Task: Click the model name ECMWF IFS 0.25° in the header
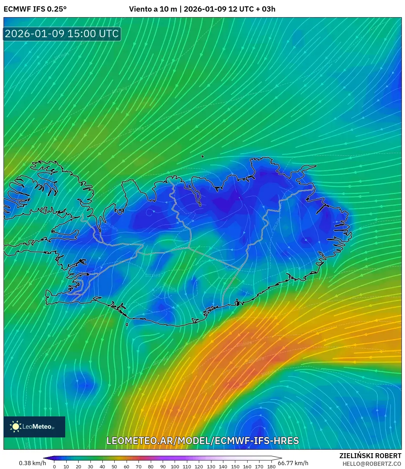coord(35,9)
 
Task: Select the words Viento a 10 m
coord(153,9)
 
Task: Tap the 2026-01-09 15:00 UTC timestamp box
coord(62,34)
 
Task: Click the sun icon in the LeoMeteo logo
coord(15,427)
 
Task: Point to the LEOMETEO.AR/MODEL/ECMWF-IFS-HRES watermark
coord(203,441)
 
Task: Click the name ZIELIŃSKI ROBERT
coord(370,456)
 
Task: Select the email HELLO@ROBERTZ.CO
coord(372,464)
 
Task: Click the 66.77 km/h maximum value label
coord(293,463)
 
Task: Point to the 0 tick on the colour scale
coord(54,467)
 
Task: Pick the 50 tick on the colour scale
coord(114,467)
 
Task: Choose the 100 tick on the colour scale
coord(175,467)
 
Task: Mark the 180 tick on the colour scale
coord(271,467)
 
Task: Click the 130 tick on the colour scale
coord(211,467)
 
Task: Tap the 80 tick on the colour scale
coord(151,467)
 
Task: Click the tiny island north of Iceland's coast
coord(203,156)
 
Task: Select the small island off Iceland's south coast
coord(127,325)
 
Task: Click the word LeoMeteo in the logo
coord(37,427)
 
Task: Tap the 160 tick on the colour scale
coord(247,467)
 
